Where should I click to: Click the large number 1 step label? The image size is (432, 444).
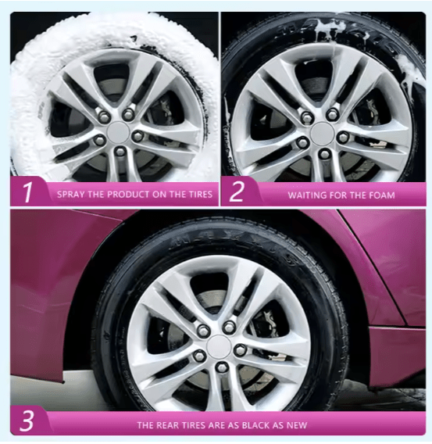coord(27,193)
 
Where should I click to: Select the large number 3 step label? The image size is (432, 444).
coord(27,423)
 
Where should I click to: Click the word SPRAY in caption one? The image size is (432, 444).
coord(71,194)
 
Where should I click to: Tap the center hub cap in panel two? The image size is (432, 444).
coord(320,131)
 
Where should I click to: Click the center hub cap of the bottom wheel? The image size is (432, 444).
coord(220,346)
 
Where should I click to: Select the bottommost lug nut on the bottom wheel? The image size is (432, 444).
coord(221,367)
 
